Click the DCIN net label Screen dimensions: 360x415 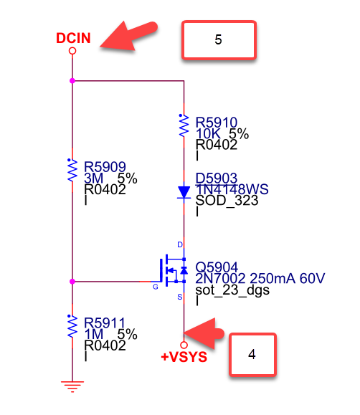coord(73,38)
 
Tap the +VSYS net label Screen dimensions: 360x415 coord(184,357)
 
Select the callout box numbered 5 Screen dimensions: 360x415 coord(219,39)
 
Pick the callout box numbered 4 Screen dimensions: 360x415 coord(252,354)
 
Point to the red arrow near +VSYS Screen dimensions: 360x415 coord(204,333)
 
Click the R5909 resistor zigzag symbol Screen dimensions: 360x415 coord(72,170)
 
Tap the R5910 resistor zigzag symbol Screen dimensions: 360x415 coord(184,125)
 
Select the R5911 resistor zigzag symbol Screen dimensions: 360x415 coord(72,326)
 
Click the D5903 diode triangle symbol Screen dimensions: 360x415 coord(184,192)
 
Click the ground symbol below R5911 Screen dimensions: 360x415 coord(72,386)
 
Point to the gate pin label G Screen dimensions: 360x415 coord(156,287)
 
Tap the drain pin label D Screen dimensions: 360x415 coord(180,244)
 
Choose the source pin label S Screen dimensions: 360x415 coord(180,297)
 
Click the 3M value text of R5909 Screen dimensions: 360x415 coord(93,178)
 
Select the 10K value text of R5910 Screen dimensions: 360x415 coord(208,133)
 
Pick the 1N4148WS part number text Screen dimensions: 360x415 coord(232,189)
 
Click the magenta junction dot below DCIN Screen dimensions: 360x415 coord(72,81)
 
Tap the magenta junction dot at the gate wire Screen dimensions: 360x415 coord(72,282)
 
